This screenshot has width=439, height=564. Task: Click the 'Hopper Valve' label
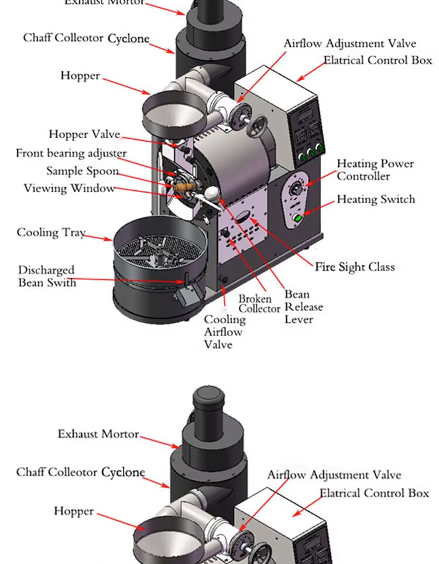84,135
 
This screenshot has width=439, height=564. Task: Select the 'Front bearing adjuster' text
71,153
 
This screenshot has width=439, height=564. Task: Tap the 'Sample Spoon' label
83,171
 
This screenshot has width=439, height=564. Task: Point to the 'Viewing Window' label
69,189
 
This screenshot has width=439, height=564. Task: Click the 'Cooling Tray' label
51,233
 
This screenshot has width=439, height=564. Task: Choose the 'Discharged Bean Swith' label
47,276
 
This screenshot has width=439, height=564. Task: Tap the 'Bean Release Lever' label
303,307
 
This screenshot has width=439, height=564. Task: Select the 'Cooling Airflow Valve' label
225,332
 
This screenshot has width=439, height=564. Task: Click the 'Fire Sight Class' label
355,267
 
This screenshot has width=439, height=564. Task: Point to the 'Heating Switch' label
375,200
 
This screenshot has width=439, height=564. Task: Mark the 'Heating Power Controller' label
375,170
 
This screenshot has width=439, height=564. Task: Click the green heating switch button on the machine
298,218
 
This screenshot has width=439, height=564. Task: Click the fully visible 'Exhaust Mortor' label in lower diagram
98,434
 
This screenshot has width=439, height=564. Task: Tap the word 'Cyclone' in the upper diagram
128,39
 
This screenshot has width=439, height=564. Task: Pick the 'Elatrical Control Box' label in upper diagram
378,60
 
